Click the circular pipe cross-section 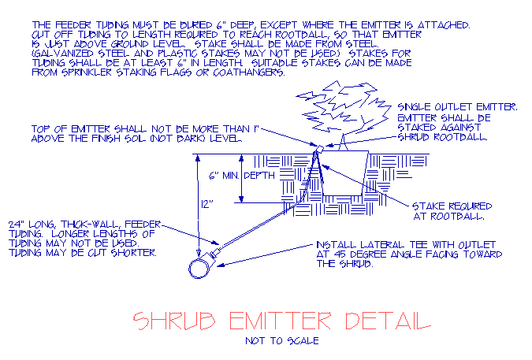pos(198,269)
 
